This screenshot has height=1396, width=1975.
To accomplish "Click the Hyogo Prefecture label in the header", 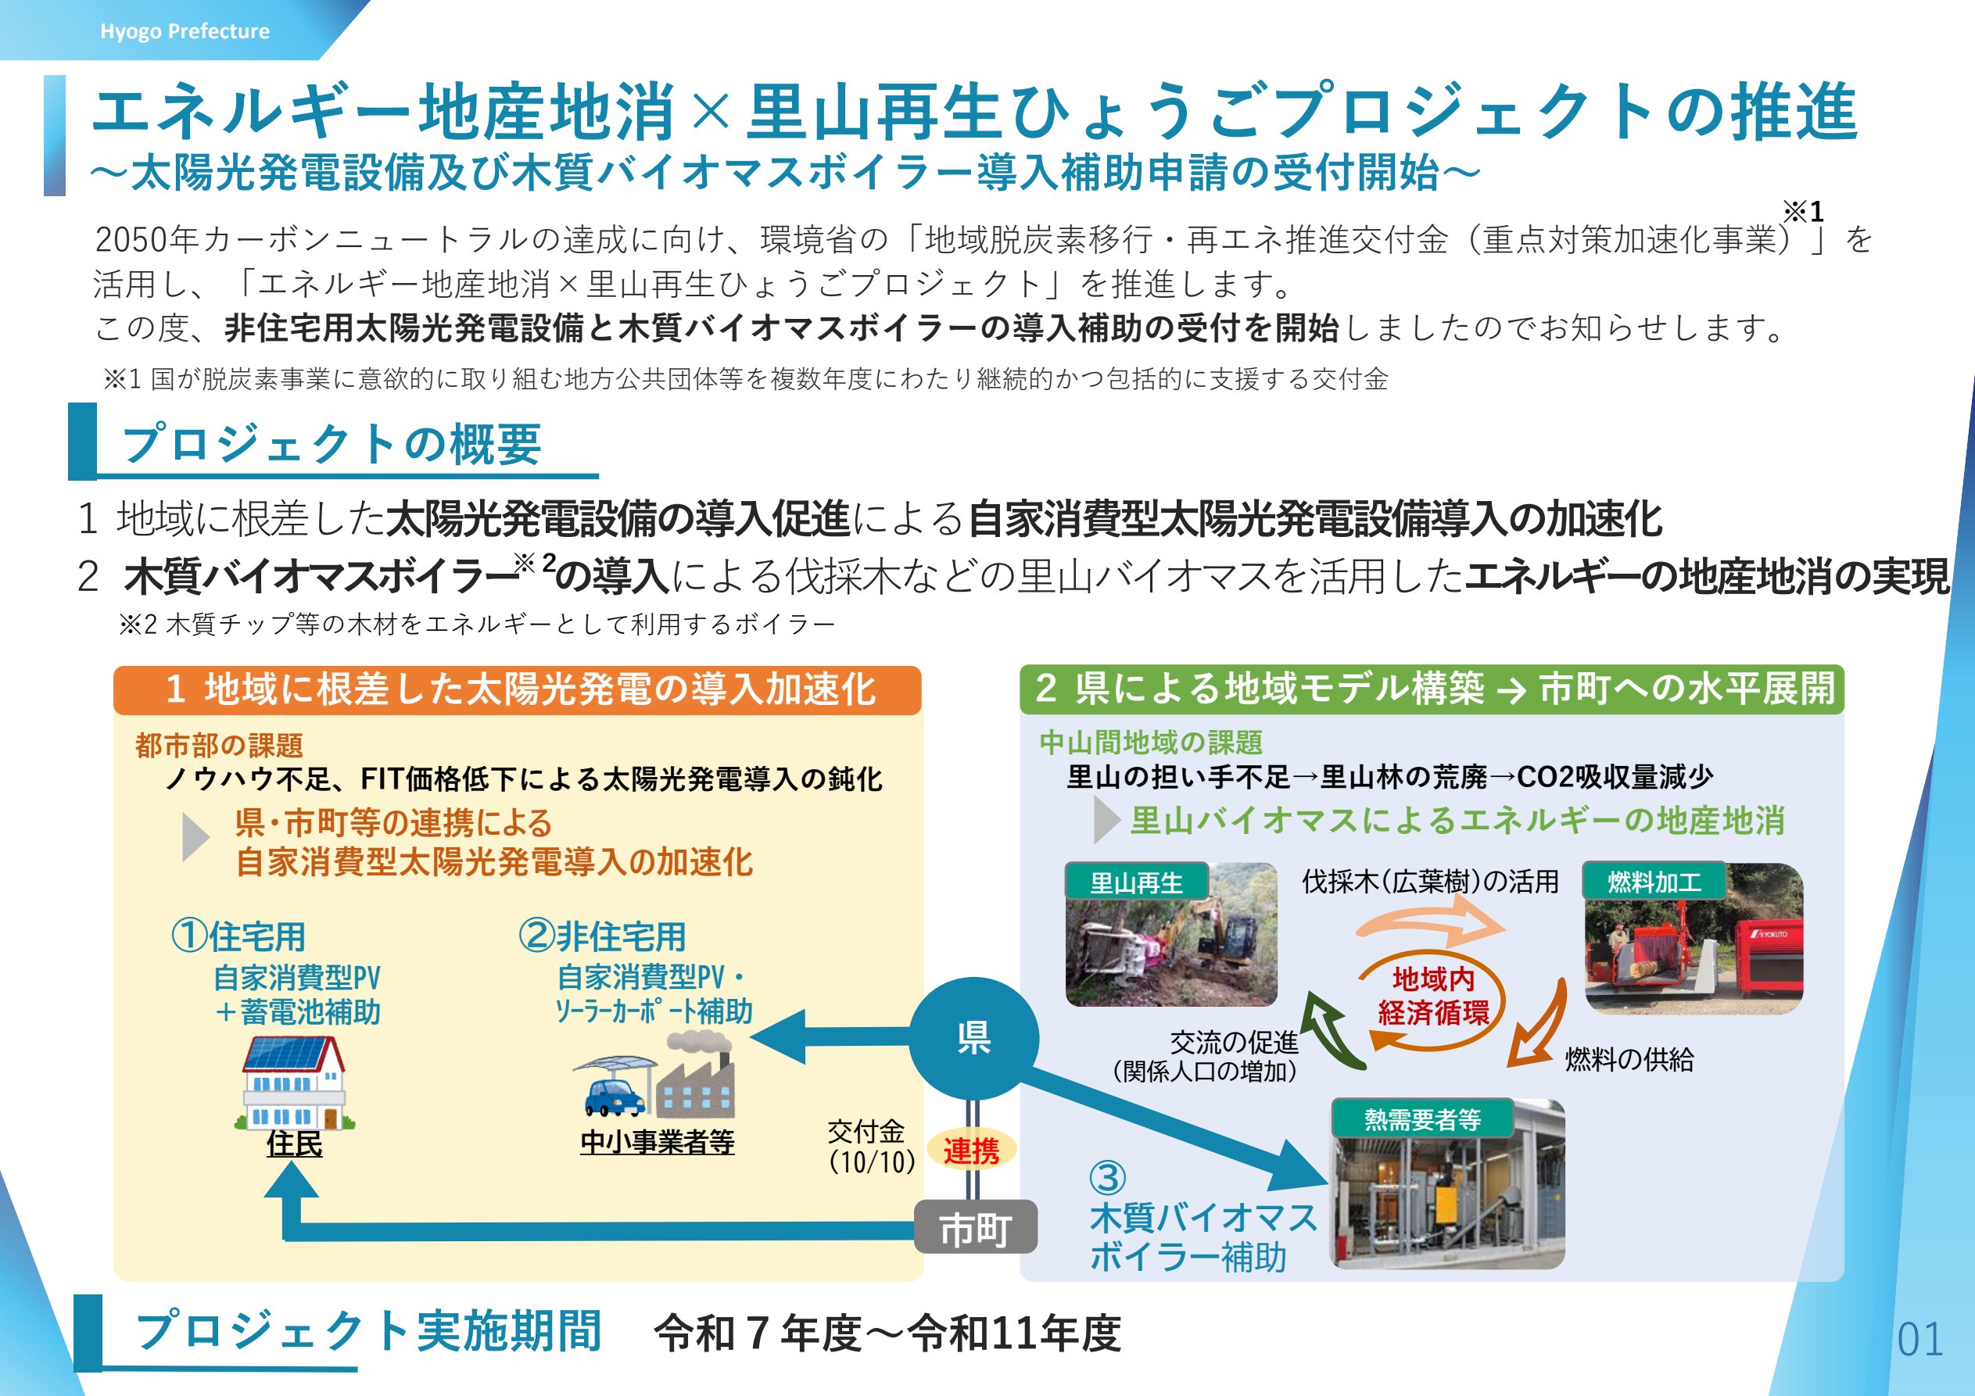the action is pyautogui.click(x=185, y=31).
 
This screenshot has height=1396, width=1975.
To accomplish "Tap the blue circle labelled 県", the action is pyautogui.click(x=973, y=1038).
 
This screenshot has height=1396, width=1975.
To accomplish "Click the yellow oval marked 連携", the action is pyautogui.click(x=971, y=1150).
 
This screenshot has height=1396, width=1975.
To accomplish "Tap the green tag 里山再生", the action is pyautogui.click(x=1136, y=882).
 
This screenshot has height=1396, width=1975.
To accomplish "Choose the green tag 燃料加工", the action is pyautogui.click(x=1654, y=882).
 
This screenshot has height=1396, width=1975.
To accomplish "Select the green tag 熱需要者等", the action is pyautogui.click(x=1422, y=1119).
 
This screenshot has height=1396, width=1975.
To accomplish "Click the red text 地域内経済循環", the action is pyautogui.click(x=1433, y=995).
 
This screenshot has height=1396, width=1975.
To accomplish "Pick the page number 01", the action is pyautogui.click(x=1920, y=1339).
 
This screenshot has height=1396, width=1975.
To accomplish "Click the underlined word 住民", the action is pyautogui.click(x=294, y=1143).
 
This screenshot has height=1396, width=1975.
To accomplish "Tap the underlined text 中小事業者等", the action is pyautogui.click(x=658, y=1141).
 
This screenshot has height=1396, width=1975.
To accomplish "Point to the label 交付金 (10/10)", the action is pyautogui.click(x=869, y=1147).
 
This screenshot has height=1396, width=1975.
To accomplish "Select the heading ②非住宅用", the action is pyautogui.click(x=601, y=936).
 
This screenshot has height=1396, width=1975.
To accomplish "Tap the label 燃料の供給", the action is pyautogui.click(x=1629, y=1059).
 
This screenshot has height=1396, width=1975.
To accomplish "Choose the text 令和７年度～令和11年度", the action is pyautogui.click(x=887, y=1333).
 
